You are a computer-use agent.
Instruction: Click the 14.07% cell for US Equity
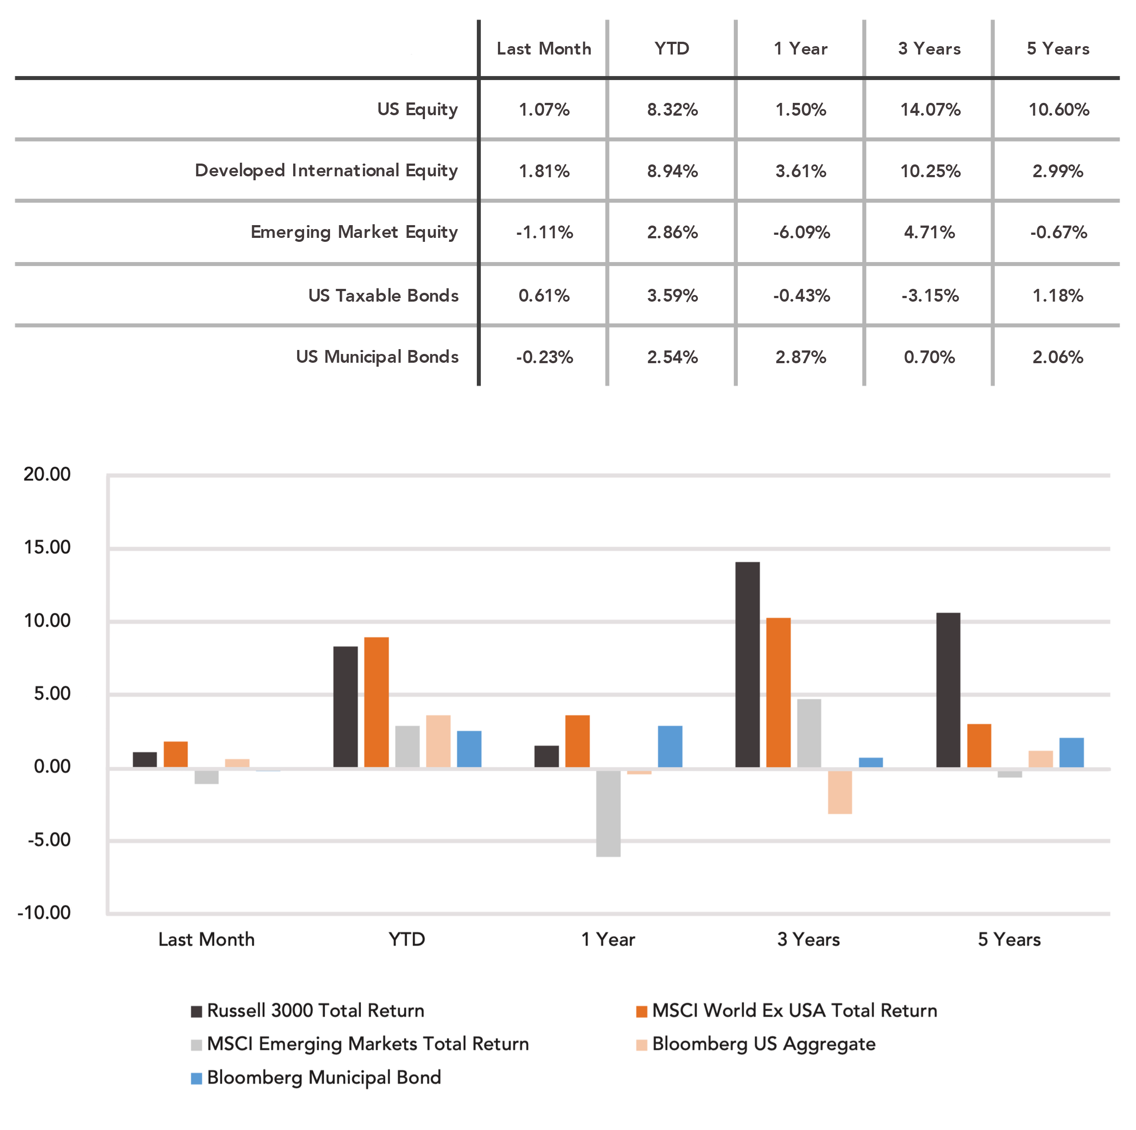point(930,109)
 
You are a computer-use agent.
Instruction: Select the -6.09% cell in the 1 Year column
point(802,232)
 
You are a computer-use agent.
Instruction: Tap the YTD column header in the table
point(671,48)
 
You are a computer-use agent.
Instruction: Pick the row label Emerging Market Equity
point(354,232)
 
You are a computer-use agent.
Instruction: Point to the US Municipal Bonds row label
point(377,357)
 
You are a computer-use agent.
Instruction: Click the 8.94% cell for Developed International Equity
point(673,171)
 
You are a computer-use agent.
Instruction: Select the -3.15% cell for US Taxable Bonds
point(930,295)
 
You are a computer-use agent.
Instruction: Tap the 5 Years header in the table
point(1058,48)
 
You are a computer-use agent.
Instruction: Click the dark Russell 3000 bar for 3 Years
point(748,665)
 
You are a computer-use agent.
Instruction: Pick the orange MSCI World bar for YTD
point(376,702)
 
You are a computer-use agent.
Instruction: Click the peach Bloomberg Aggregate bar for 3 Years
point(840,792)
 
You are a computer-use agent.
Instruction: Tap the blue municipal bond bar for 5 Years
point(1071,753)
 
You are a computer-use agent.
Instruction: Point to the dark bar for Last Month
point(145,760)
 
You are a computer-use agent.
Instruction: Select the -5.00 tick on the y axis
point(49,840)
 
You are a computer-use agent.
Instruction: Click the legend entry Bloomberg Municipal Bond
point(316,1078)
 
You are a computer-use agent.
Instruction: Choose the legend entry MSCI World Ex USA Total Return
point(787,1010)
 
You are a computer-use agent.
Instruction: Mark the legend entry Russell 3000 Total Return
point(308,1010)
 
